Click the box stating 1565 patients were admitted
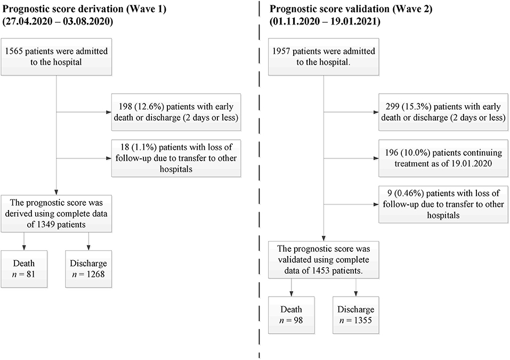tap(56, 57)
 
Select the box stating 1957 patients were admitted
tap(322, 57)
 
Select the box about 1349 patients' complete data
tap(56, 213)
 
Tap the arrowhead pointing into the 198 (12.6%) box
tap(108, 112)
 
